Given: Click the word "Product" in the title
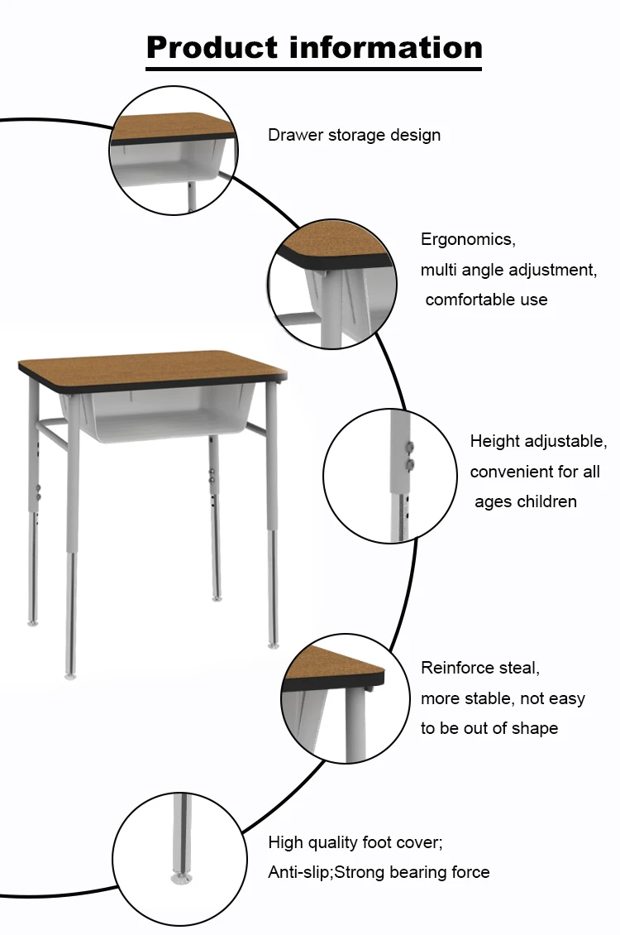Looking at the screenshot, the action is [212, 48].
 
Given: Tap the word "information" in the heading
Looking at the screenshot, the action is [386, 47].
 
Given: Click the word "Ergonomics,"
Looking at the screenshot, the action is [468, 239].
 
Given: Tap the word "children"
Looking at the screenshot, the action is [548, 501].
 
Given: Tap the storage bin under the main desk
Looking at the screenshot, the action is [160, 410].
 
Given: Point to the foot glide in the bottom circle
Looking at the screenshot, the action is [182, 879].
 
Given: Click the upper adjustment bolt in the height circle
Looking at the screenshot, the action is [409, 446].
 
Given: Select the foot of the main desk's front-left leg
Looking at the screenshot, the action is [70, 676].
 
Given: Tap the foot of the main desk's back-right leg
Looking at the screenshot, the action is [217, 598].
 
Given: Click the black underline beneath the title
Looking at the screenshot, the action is [314, 70].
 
